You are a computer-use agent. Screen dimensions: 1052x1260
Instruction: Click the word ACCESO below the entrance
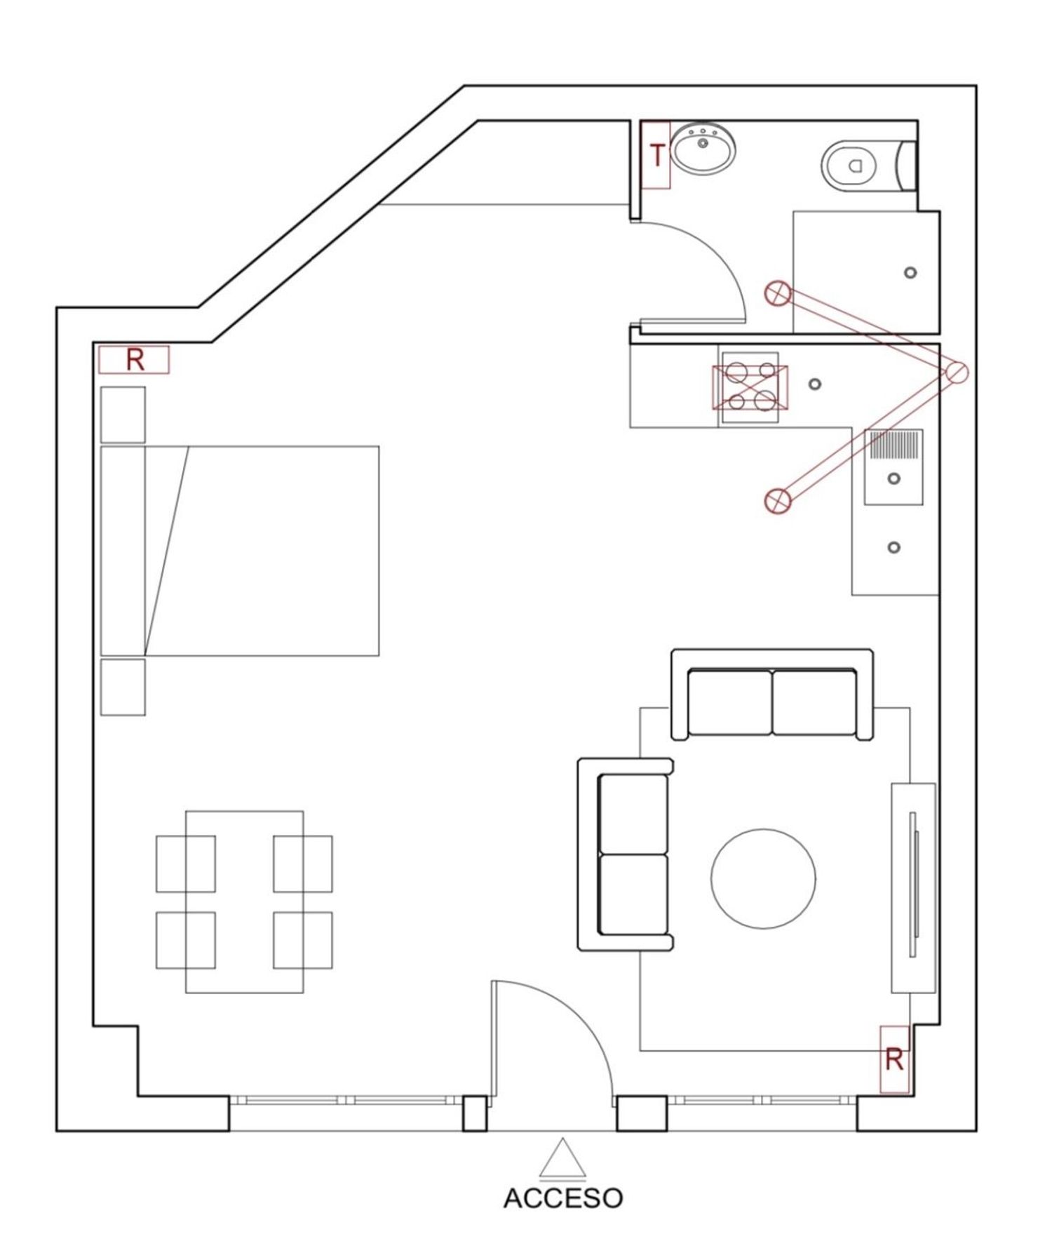click(563, 1198)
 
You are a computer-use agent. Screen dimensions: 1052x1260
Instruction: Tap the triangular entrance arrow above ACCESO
click(562, 1158)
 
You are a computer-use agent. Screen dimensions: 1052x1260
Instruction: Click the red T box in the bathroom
click(656, 155)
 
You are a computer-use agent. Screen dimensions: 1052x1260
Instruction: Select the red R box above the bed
click(134, 360)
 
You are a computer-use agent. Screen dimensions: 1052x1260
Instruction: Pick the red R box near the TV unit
click(894, 1059)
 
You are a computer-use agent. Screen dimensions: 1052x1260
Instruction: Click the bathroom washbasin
click(703, 148)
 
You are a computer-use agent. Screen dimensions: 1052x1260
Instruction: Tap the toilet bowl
click(849, 166)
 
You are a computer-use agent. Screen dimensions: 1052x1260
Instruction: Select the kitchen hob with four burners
click(750, 387)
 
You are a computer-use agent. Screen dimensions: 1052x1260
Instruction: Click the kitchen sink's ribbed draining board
click(893, 445)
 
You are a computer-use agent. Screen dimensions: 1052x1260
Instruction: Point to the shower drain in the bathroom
click(910, 272)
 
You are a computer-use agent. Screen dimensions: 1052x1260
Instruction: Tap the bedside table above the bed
click(123, 415)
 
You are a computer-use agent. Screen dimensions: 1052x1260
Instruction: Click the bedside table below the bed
click(123, 687)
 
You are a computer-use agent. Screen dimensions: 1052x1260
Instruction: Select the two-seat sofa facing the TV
click(625, 854)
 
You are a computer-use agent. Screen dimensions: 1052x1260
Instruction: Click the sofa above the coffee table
click(772, 695)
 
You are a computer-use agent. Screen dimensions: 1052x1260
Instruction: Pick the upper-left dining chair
click(185, 864)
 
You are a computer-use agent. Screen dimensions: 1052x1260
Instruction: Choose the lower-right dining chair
click(303, 940)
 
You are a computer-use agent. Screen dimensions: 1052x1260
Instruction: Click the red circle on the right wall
click(956, 373)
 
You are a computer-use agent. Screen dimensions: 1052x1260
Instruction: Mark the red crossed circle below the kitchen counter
click(777, 500)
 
